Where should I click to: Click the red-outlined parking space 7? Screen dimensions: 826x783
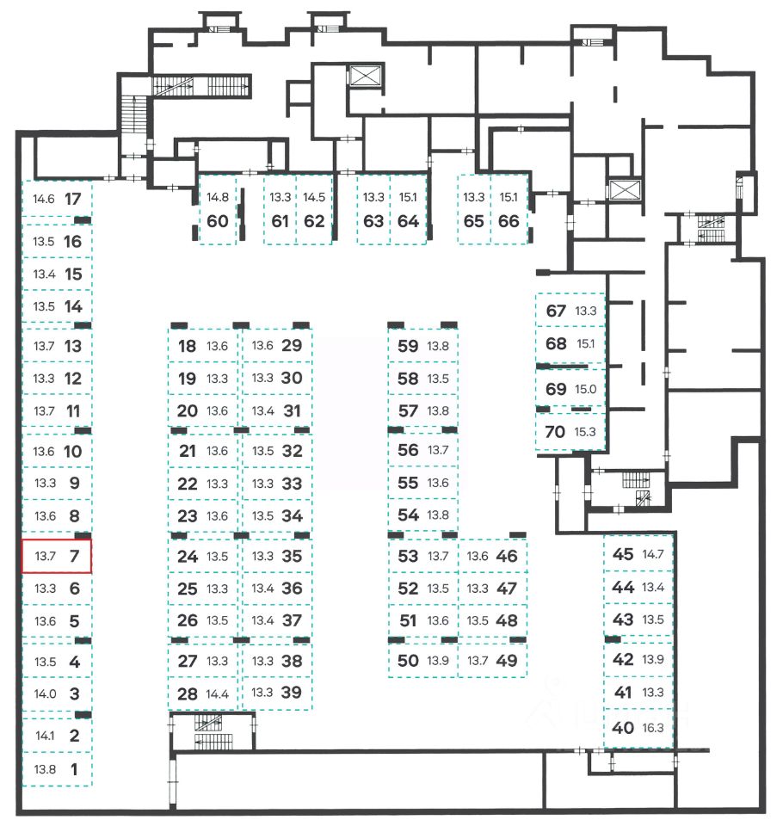[x=56, y=556]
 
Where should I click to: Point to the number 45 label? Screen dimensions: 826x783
[x=623, y=554]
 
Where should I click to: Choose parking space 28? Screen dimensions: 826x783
[x=205, y=693]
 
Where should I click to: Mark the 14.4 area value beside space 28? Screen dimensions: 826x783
[x=218, y=693]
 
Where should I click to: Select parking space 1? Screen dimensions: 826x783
[x=56, y=769]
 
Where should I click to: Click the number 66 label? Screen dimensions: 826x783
[x=509, y=219]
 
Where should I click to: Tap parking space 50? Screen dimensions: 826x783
[x=422, y=661]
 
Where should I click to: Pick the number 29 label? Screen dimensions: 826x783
[x=292, y=346]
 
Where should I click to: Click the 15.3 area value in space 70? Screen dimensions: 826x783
[x=587, y=433]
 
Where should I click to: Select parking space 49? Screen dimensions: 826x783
[x=493, y=661]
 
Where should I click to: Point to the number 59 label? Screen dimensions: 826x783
[x=408, y=346]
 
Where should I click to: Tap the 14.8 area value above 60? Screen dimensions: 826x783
[x=218, y=197]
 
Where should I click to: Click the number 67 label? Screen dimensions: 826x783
[x=556, y=311]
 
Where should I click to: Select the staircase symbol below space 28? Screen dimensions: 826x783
[x=208, y=724]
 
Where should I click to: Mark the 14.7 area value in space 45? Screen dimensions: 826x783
[x=654, y=554]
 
